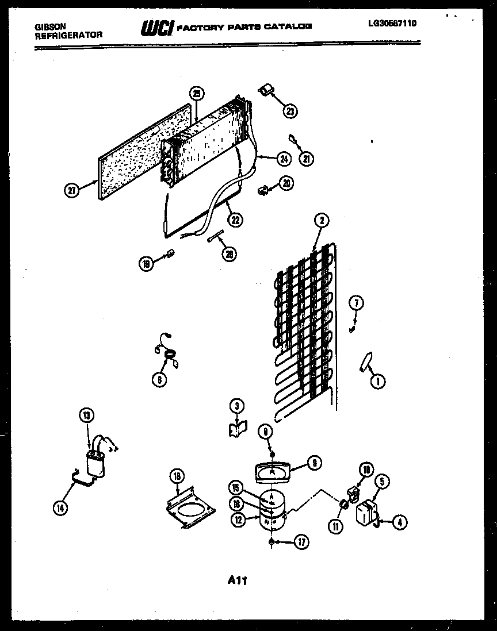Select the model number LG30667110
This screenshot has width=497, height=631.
[392, 24]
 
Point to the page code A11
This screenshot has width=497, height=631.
[237, 580]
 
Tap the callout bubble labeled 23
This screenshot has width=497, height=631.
[290, 111]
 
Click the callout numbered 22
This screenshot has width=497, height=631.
[234, 218]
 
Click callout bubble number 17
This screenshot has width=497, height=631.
[300, 541]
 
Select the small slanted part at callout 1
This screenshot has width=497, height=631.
[365, 363]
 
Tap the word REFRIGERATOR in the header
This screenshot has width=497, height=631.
[69, 35]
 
